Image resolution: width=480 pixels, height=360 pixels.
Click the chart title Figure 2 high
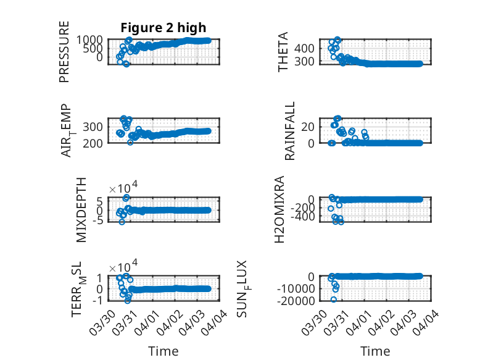point(163,27)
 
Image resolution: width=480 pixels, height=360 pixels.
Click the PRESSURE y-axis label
point(64,51)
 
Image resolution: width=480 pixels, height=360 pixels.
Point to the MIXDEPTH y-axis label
point(81,209)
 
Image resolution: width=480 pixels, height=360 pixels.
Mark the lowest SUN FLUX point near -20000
point(334,299)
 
